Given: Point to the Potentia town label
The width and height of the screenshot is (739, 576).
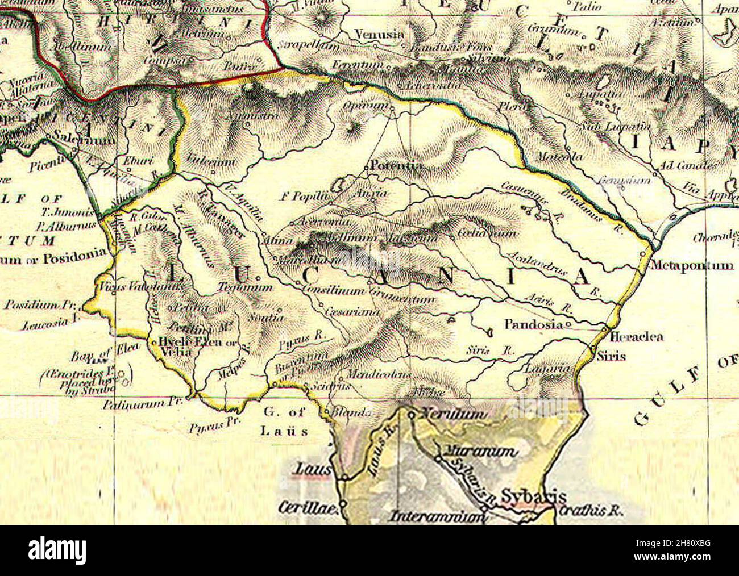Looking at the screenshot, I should pos(396,166).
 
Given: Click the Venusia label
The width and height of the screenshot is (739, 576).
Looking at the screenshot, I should pos(379,35).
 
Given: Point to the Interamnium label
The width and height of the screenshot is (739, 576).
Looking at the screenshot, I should pos(437,517).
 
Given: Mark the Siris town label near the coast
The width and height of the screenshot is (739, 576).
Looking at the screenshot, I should pos(611,357).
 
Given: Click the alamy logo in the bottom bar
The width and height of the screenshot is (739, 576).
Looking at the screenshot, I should pos(58,550).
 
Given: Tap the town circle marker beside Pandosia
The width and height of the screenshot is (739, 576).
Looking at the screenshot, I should pos(568,325).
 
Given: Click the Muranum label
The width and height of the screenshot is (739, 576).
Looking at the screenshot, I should pos(480,452).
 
